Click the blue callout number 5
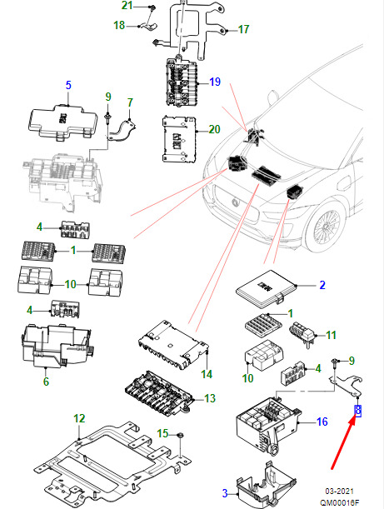(68, 85)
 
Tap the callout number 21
(127, 5)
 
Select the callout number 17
(243, 29)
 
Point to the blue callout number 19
(215, 82)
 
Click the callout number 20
(215, 129)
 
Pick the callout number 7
(130, 102)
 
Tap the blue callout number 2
(322, 285)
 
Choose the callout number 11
(331, 335)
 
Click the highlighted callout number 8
(357, 411)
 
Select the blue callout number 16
(322, 422)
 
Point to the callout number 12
(79, 418)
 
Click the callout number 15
(163, 433)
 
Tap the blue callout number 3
(225, 493)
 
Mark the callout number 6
(46, 382)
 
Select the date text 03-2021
(339, 492)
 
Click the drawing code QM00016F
(340, 503)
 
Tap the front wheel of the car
(325, 226)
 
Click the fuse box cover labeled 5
(63, 122)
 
